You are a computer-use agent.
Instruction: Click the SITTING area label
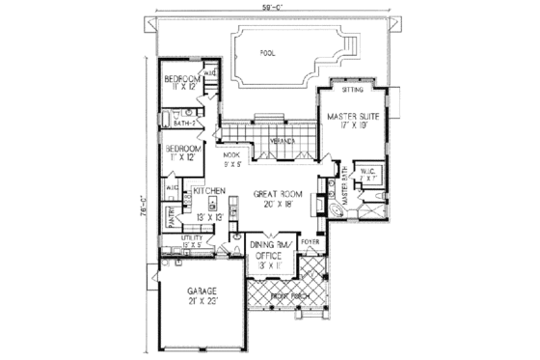[x=354, y=89]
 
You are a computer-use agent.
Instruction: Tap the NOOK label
[x=231, y=154]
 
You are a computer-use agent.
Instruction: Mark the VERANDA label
[x=282, y=140]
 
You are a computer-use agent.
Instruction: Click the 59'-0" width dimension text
[x=268, y=8]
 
